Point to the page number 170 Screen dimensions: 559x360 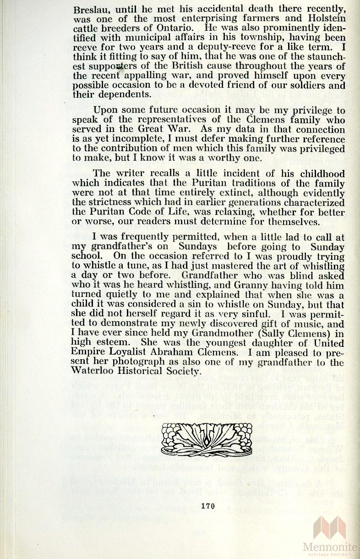pos(208,506)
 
